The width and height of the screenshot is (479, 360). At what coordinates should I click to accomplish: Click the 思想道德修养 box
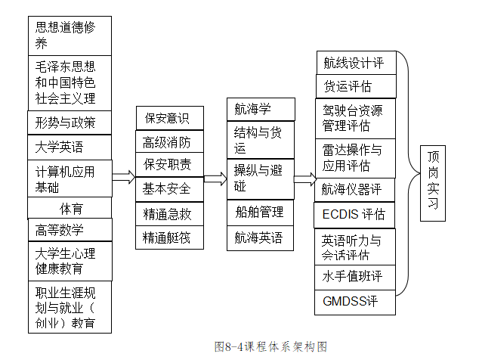pyautogui.click(x=70, y=35)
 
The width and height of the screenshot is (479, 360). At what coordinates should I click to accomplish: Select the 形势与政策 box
pyautogui.click(x=70, y=122)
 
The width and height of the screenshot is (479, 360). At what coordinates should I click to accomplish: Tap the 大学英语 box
pyautogui.click(x=70, y=146)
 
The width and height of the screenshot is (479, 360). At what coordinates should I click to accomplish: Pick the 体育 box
pyautogui.click(x=70, y=208)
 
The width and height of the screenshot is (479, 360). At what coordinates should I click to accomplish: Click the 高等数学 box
pyautogui.click(x=70, y=229)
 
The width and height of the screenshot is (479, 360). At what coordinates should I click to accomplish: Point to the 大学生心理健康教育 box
pyautogui.click(x=70, y=260)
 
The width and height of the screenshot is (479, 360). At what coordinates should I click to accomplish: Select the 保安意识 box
pyautogui.click(x=167, y=118)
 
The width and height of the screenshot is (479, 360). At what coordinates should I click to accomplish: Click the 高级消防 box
pyautogui.click(x=167, y=141)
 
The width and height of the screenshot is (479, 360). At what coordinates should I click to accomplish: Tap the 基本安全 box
pyautogui.click(x=167, y=188)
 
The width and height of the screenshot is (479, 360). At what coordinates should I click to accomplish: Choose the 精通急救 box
pyautogui.click(x=167, y=213)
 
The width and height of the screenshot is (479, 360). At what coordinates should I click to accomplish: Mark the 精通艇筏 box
pyautogui.click(x=167, y=237)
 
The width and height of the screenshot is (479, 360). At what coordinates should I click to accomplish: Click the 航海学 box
pyautogui.click(x=259, y=109)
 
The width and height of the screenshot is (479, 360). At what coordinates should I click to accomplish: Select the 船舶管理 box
pyautogui.click(x=259, y=212)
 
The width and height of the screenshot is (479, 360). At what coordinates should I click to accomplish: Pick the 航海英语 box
pyautogui.click(x=259, y=237)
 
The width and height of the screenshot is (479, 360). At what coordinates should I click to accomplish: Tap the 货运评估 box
pyautogui.click(x=354, y=85)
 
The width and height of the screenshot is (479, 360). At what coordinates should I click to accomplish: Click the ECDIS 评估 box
pyautogui.click(x=354, y=214)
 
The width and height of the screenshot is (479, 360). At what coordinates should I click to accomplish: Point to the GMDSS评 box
pyautogui.click(x=354, y=302)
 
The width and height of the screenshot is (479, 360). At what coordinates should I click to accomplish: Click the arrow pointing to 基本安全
pyautogui.click(x=124, y=178)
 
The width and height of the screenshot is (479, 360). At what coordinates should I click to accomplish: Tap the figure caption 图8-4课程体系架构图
pyautogui.click(x=270, y=346)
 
